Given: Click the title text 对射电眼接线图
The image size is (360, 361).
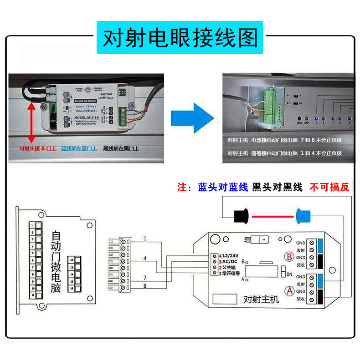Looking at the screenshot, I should tap(180, 38).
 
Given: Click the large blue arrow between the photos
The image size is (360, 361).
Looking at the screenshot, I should tap(192, 117).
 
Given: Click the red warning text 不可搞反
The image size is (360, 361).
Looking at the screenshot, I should tap(329, 187).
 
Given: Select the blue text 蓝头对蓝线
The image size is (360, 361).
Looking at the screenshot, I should tap(223, 187).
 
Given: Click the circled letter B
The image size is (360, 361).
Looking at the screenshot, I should tap(288, 257).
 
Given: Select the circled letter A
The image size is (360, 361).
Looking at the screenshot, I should tap(288, 290).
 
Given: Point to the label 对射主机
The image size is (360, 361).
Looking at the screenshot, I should tap(261, 300).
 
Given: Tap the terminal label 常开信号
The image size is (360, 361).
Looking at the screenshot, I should tap(231, 273).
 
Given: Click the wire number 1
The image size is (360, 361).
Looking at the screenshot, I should tap(145, 239).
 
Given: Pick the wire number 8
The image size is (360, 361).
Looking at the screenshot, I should tap(145, 286).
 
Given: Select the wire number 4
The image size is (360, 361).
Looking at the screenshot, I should tap(145, 259).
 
